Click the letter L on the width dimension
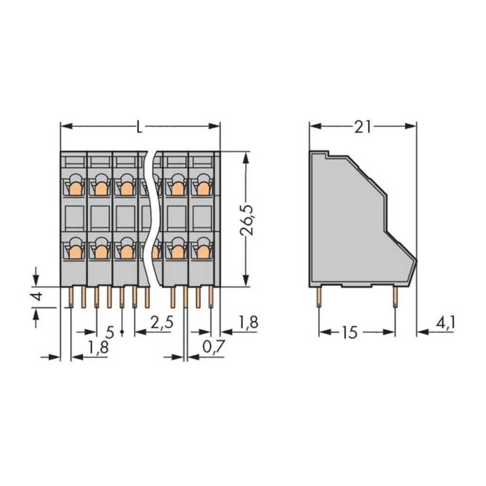pos(139,127)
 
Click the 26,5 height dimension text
pos(249,220)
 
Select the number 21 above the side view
pos(363,127)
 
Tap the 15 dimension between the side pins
pos(349,333)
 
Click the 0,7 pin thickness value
pos(212,347)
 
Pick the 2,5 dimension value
pos(161,322)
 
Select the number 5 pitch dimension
pos(110,333)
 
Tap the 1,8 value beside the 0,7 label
pos(247,322)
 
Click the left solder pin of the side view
pos(319,296)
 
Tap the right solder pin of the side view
pos(395,296)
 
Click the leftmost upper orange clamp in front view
pos(75,186)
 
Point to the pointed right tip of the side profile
pos(417,260)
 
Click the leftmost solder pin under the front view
pos(71,297)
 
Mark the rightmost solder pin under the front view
pos(211,297)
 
